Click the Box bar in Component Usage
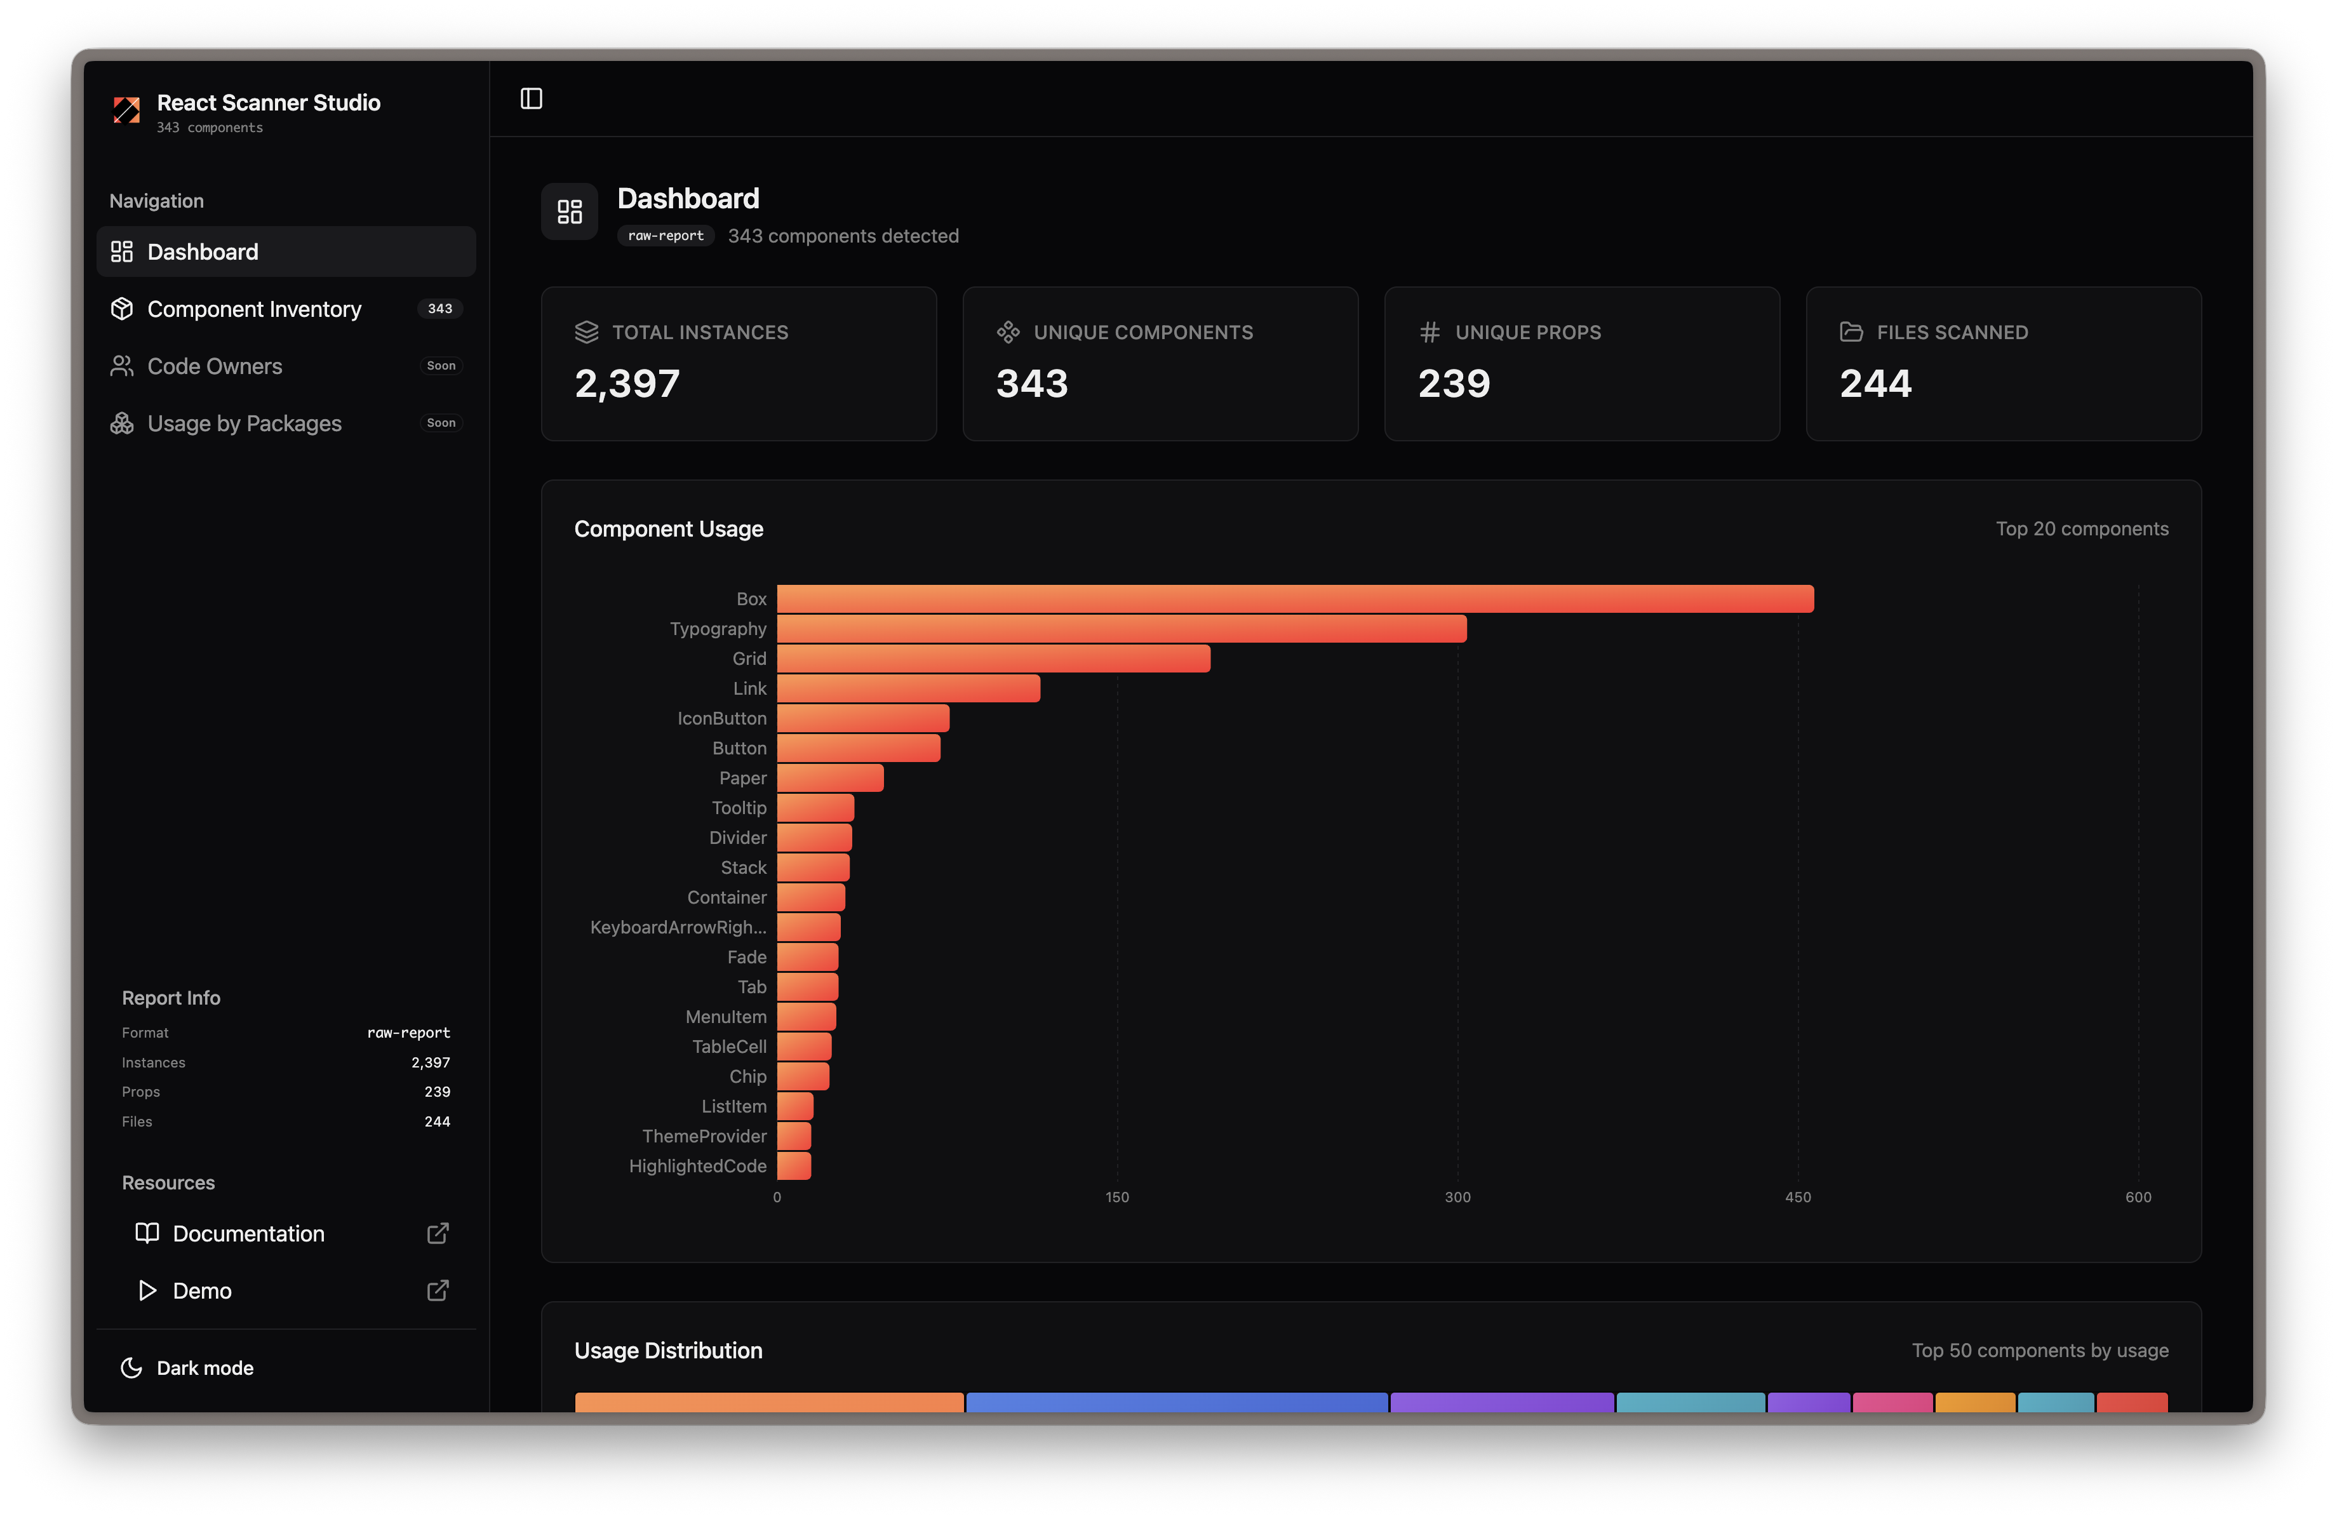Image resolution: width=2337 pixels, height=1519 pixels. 1294,599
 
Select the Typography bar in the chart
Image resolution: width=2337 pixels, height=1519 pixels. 1122,629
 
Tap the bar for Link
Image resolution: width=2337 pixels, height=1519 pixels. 908,688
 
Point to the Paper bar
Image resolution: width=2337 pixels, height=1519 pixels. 830,778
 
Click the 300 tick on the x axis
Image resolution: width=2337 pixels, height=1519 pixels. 1457,1197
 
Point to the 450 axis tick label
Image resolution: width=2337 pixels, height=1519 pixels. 1797,1197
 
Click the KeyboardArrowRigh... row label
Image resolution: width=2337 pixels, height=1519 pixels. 678,927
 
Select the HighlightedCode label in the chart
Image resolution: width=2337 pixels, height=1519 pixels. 697,1165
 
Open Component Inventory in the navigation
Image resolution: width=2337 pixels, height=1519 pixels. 254,309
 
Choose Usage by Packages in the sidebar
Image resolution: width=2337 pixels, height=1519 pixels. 244,423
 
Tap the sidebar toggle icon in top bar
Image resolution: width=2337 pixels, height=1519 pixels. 532,98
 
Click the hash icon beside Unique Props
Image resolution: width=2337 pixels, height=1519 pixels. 1430,333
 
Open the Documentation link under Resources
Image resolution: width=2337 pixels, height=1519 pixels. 248,1233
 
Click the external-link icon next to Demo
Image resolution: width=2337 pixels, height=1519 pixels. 438,1290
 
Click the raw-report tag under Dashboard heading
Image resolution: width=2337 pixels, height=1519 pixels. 666,236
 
